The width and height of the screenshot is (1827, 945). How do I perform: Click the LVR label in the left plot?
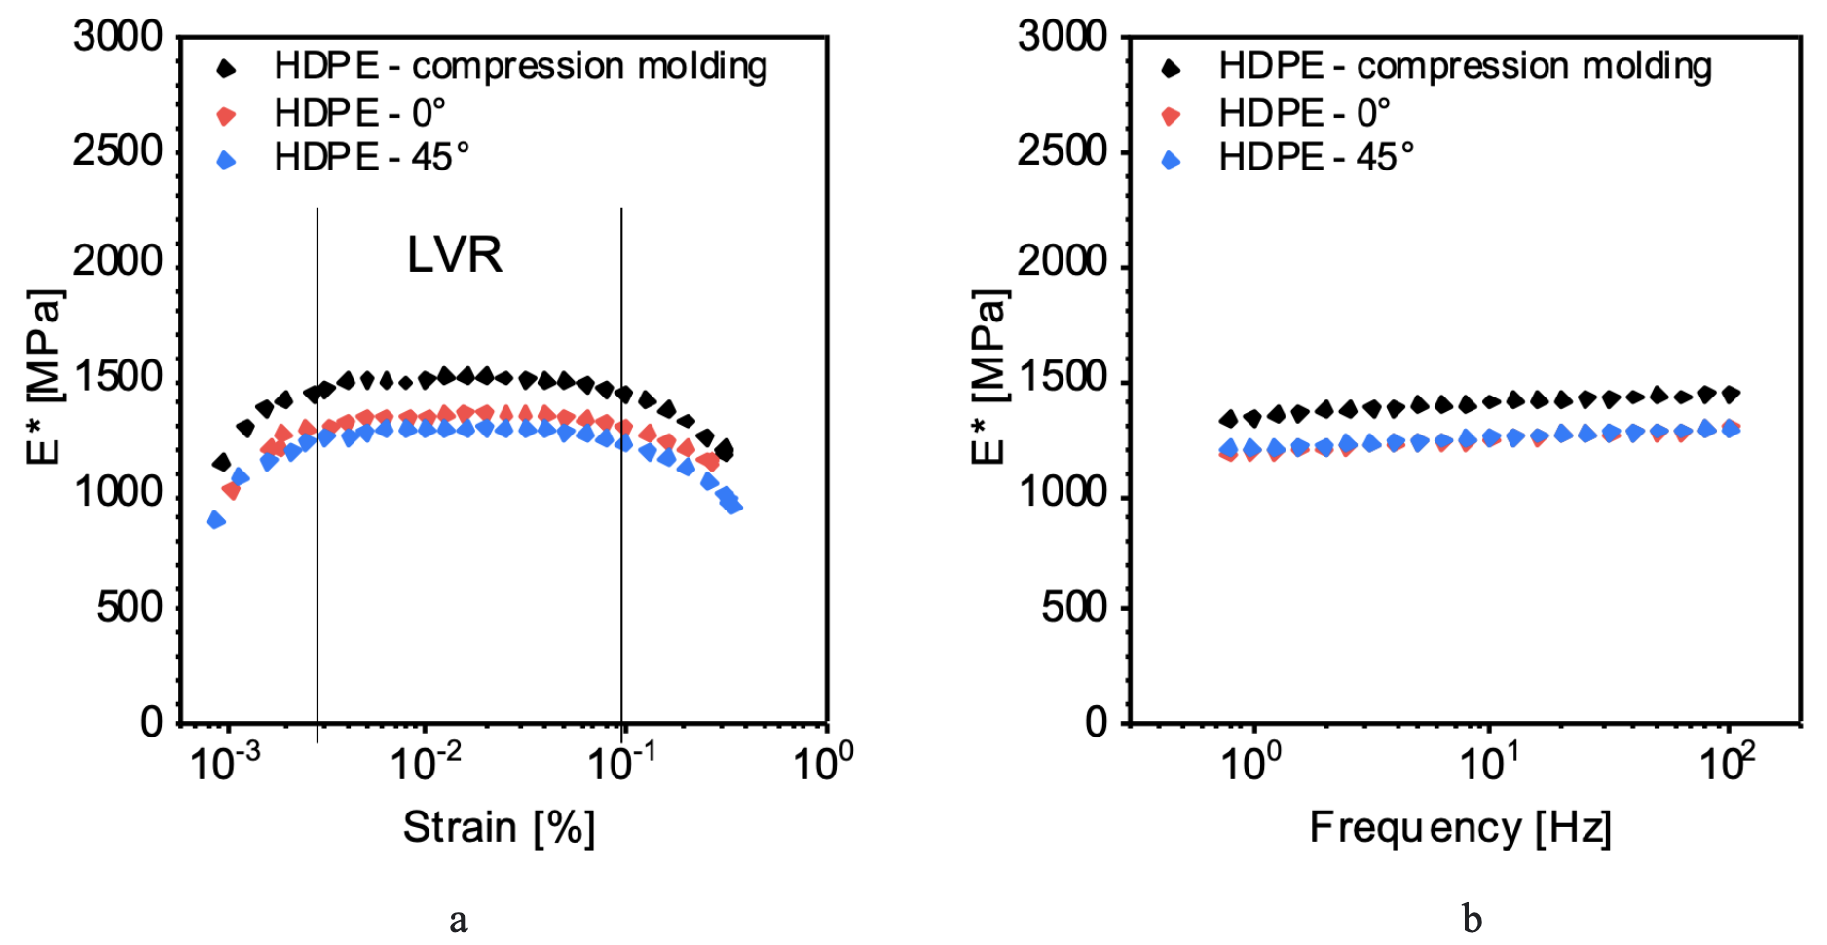[x=454, y=255]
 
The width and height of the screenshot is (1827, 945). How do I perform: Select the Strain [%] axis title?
[x=499, y=827]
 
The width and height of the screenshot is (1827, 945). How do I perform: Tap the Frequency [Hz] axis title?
[x=1460, y=827]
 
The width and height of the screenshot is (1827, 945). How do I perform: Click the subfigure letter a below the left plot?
[x=458, y=919]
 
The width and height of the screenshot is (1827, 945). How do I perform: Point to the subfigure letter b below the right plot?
[x=1472, y=919]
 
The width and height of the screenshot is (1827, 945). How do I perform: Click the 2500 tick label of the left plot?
[x=118, y=151]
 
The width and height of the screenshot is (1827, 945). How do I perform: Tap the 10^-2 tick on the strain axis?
[x=426, y=763]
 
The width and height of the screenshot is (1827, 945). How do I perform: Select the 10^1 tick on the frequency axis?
[x=1487, y=763]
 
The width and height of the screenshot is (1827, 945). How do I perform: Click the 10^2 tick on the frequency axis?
[x=1727, y=763]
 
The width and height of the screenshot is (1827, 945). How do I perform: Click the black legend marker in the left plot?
[x=226, y=68]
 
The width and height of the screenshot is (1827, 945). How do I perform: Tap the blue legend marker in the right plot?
[x=1171, y=159]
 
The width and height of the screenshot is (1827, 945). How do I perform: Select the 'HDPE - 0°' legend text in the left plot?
[x=359, y=113]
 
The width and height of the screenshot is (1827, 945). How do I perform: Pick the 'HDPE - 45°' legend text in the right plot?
[x=1316, y=157]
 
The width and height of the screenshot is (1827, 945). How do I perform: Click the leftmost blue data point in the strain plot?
[x=216, y=519]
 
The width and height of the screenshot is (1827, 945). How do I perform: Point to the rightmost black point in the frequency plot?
[x=1731, y=394]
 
